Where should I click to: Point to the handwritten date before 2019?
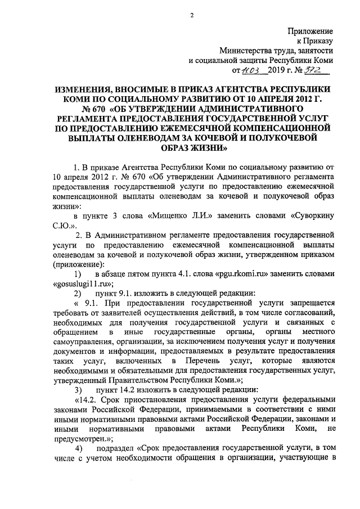pos(250,71)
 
